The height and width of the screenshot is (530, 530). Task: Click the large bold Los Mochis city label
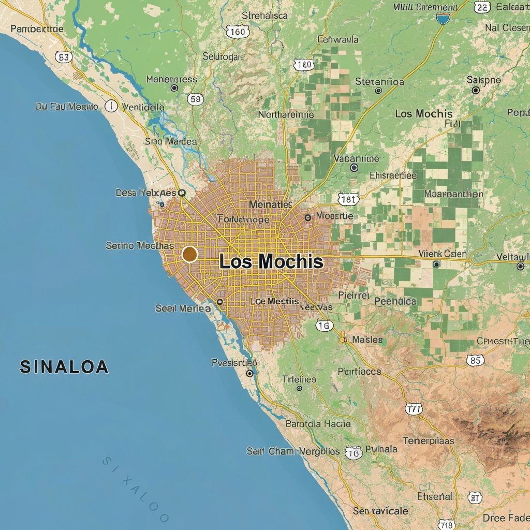pyautogui.click(x=271, y=261)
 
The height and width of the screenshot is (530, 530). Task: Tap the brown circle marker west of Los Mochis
pyautogui.click(x=190, y=254)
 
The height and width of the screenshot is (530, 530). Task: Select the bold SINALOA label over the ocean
pyautogui.click(x=64, y=366)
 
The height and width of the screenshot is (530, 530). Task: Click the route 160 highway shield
pyautogui.click(x=238, y=32)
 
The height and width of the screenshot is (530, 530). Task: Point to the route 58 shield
pyautogui.click(x=196, y=99)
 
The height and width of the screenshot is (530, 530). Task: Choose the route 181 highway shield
pyautogui.click(x=347, y=199)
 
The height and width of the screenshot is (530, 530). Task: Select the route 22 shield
pyautogui.click(x=482, y=7)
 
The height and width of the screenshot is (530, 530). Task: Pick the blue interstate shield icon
pyautogui.click(x=443, y=19)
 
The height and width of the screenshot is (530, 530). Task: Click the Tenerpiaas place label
pyautogui.click(x=428, y=441)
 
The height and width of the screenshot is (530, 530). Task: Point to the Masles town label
pyautogui.click(x=367, y=340)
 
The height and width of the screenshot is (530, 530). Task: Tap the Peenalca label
pyautogui.click(x=395, y=301)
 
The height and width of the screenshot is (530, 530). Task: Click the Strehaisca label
pyautogui.click(x=264, y=16)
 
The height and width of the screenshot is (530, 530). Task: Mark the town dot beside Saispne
pyautogui.click(x=476, y=90)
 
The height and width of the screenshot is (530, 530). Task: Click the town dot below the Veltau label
pyautogui.click(x=520, y=267)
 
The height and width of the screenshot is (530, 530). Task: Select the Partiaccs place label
pyautogui.click(x=359, y=371)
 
